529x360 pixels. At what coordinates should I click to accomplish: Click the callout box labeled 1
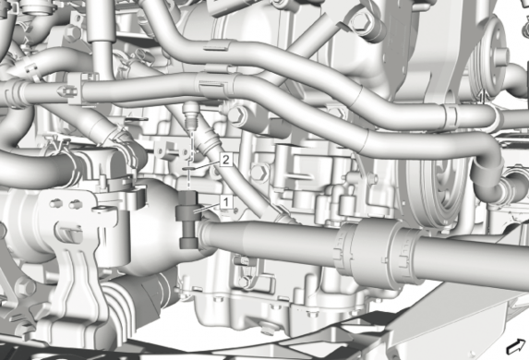(x=226, y=202)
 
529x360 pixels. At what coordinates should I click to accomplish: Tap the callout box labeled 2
(x=226, y=160)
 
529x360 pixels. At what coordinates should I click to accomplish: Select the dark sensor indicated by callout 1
(x=188, y=220)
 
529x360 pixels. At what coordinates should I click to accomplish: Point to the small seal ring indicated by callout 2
(x=188, y=168)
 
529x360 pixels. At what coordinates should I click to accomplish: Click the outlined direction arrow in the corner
(x=516, y=346)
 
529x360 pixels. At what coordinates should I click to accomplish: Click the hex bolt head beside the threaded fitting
(x=238, y=115)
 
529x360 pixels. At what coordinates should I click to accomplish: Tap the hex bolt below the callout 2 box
(x=259, y=173)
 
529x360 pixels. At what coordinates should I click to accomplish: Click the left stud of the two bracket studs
(x=54, y=204)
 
